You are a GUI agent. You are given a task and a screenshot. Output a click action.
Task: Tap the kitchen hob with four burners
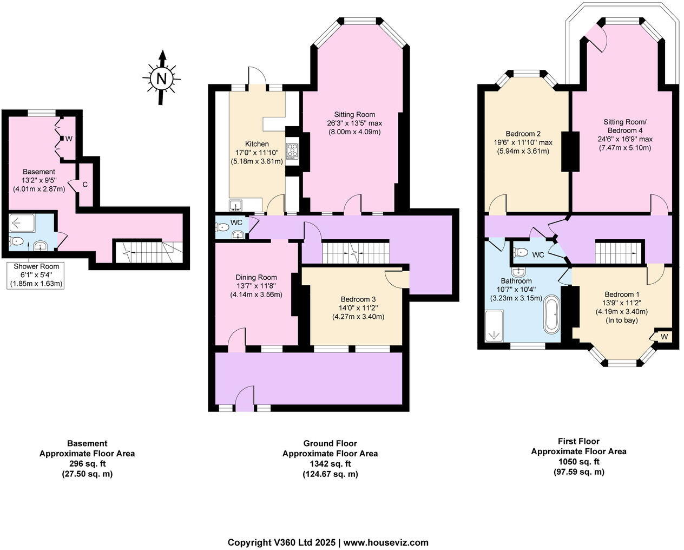coord(293,151)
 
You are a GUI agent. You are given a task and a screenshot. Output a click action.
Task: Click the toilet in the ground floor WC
coord(221,228)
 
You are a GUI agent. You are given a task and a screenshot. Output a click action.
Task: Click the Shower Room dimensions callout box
coord(36,275)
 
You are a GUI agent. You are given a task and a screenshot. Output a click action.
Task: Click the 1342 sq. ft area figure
coord(330,464)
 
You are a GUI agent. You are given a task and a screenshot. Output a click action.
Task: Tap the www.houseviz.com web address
coord(386,542)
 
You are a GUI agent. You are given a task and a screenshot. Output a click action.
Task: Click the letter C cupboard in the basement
coord(85,185)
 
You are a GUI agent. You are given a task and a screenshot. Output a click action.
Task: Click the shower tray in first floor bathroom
coord(494,326)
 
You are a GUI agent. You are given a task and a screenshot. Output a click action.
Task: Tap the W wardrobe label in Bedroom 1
coord(664,337)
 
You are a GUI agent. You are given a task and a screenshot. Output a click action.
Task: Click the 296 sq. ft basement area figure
coord(87,464)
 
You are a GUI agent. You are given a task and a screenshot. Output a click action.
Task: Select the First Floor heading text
coord(578,441)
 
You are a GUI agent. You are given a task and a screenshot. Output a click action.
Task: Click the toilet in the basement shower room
coord(17,242)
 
